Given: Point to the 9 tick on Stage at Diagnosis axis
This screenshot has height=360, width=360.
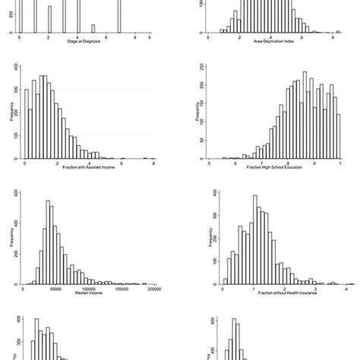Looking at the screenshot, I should [150, 36].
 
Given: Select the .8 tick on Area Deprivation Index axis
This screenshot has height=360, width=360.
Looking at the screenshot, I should [333, 36].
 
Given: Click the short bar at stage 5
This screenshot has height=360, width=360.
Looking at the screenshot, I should [93, 29].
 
